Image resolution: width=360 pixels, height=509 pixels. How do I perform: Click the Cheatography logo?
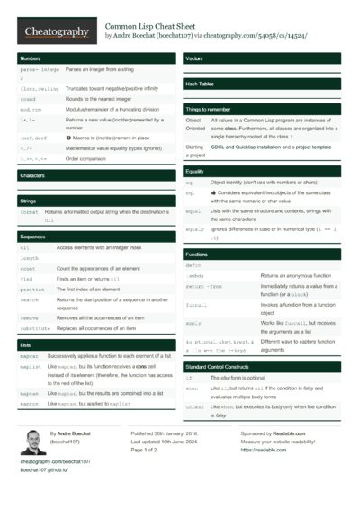click(x=55, y=31)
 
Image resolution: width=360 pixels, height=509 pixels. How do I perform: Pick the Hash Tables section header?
click(x=200, y=84)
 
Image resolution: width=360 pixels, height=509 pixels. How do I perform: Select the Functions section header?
click(x=197, y=254)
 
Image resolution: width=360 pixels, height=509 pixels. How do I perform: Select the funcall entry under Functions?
click(x=199, y=306)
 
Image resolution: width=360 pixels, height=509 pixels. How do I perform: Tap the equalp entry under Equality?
click(x=197, y=229)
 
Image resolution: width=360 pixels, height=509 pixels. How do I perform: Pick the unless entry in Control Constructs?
click(x=197, y=406)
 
